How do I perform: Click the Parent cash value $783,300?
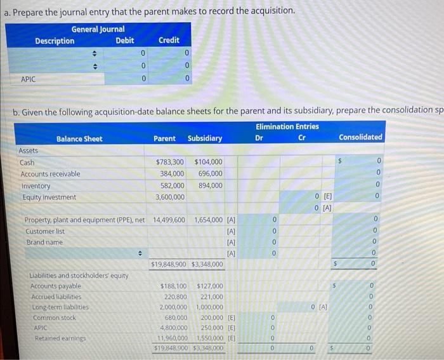tap(170, 163)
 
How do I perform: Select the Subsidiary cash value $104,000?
tap(209, 163)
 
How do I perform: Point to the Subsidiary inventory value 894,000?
tap(211, 185)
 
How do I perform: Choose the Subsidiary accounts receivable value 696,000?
tap(211, 174)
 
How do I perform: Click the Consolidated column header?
tap(360, 137)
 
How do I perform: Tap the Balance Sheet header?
tap(79, 138)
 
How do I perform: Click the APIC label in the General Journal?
tap(29, 79)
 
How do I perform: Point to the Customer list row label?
tap(46, 231)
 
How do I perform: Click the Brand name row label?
tap(44, 243)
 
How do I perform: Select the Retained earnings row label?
tap(56, 338)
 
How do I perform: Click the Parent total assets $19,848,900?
tap(168, 263)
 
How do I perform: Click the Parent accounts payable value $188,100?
tap(172, 286)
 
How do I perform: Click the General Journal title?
tap(98, 29)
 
